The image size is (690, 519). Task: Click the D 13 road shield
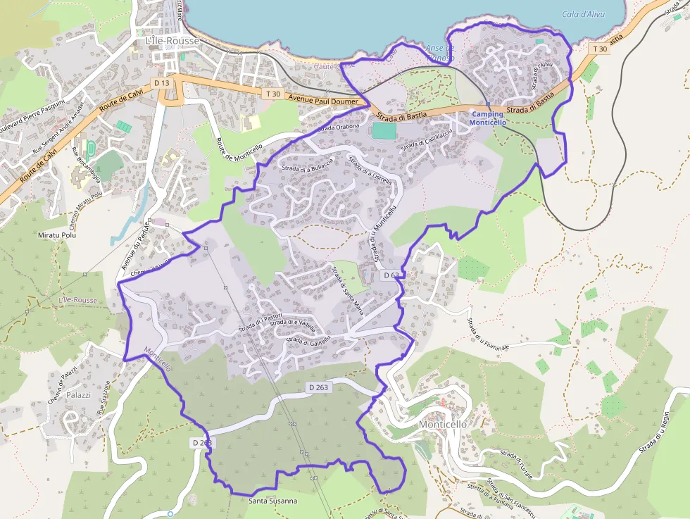coord(162,83)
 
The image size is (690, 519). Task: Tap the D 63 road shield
coord(391,275)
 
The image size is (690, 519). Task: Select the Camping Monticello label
coord(487,118)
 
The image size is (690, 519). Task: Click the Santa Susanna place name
coord(273,501)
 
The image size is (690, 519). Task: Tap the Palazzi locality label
coord(78,395)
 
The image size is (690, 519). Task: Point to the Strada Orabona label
coord(340,127)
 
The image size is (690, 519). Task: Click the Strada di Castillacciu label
coord(425,139)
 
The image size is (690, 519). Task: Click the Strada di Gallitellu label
coord(308,339)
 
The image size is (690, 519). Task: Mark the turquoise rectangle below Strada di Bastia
coord(384,131)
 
